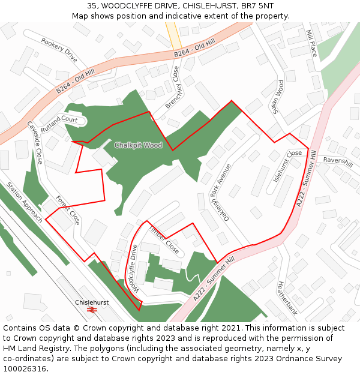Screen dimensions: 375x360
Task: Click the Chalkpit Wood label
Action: click(138, 145)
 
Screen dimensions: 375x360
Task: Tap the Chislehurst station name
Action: click(92, 302)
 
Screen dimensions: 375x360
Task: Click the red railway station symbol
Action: click(92, 310)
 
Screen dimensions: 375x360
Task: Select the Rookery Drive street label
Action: click(59, 50)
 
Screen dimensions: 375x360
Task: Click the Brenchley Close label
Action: click(173, 87)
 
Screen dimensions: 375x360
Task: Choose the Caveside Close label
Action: click(34, 143)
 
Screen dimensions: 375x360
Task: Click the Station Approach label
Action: click(25, 202)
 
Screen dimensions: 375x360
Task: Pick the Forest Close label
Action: click(67, 210)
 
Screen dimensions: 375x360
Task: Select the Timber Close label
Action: click(163, 239)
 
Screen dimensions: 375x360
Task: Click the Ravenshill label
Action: click(338, 161)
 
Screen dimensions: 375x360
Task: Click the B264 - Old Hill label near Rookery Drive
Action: click(76, 82)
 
